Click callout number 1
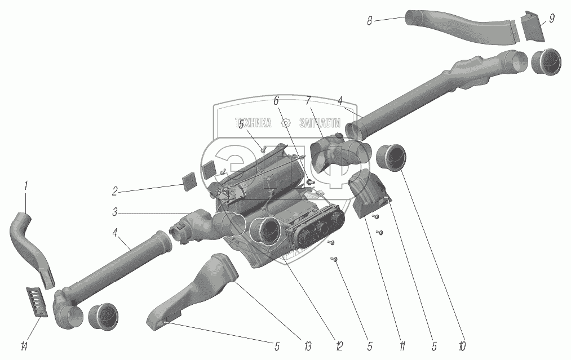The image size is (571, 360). point(25,185)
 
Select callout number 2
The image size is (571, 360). point(114,192)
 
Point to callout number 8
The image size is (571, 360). point(370,21)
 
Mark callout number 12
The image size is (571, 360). point(339,345)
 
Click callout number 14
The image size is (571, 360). point(23,345)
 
